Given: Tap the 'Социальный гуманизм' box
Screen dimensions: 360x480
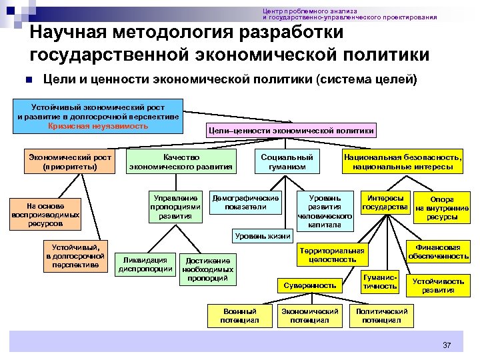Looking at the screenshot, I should (287, 161).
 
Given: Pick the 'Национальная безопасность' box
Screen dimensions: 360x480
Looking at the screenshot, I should (403, 161).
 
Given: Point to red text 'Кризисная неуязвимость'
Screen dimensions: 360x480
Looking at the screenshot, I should (98, 125).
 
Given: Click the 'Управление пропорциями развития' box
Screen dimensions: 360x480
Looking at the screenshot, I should (176, 207).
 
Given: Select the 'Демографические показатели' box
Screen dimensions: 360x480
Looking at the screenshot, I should (245, 202).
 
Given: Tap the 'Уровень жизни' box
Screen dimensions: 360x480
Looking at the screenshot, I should (262, 235).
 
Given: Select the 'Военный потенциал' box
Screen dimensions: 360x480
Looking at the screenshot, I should (240, 315).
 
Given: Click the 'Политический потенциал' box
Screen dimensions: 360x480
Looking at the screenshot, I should (381, 315).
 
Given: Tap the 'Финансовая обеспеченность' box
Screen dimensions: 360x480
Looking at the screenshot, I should (438, 251).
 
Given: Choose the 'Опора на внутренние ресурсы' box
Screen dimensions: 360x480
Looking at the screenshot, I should (442, 208).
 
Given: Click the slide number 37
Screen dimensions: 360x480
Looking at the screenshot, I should (447, 345).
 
